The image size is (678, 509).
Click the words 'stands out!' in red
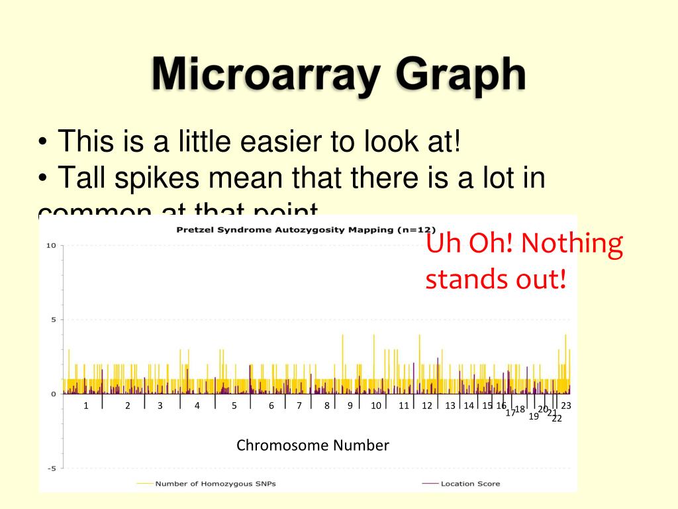(496, 279)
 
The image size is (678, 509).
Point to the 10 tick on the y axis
(50, 246)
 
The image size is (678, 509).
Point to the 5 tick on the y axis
(53, 320)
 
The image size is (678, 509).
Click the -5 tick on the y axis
(50, 469)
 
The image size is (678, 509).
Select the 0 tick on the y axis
(53, 394)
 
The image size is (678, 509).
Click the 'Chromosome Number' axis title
(313, 445)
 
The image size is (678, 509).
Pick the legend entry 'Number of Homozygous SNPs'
(215, 484)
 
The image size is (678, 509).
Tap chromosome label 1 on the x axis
(86, 406)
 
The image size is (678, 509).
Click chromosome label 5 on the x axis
(234, 406)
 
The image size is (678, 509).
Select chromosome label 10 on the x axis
(376, 406)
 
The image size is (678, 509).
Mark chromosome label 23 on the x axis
(566, 406)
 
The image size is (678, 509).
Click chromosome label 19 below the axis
(534, 416)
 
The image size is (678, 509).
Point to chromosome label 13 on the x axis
(450, 406)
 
